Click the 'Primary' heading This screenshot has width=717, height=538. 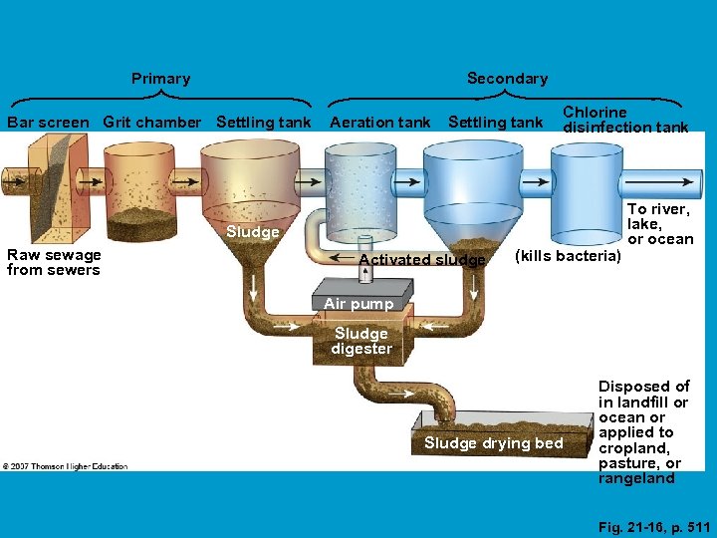(160, 79)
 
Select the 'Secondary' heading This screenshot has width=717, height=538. (507, 79)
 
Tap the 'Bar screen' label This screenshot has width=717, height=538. (47, 123)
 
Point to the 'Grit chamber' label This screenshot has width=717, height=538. (151, 123)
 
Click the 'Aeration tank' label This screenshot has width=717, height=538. (379, 123)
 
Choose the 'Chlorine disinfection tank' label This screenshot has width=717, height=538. (625, 120)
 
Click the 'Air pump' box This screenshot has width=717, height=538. (358, 303)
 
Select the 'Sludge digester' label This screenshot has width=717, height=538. (361, 341)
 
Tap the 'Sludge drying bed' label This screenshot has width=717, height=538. (493, 443)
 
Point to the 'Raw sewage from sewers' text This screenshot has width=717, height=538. (54, 262)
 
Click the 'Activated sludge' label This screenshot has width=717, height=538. (421, 260)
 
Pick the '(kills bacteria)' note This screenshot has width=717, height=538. (568, 257)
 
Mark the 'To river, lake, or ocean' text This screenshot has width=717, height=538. (659, 224)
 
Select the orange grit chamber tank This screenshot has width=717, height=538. (139, 189)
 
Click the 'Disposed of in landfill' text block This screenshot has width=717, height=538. (643, 432)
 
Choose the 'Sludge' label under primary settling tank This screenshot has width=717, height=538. (252, 232)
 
